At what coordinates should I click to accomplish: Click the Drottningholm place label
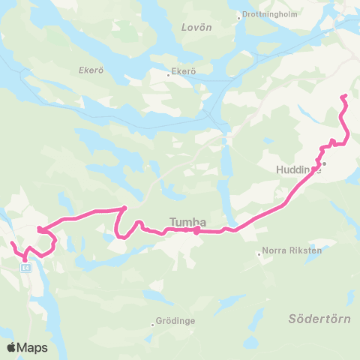[268, 14]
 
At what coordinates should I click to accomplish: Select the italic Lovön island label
[196, 27]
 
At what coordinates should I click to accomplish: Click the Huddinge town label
[298, 169]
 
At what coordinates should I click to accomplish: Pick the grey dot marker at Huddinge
[325, 163]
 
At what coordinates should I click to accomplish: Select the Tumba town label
[187, 221]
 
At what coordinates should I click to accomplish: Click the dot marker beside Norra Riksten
[259, 254]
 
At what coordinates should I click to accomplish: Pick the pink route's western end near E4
[11, 243]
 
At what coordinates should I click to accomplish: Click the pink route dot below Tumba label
[196, 232]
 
